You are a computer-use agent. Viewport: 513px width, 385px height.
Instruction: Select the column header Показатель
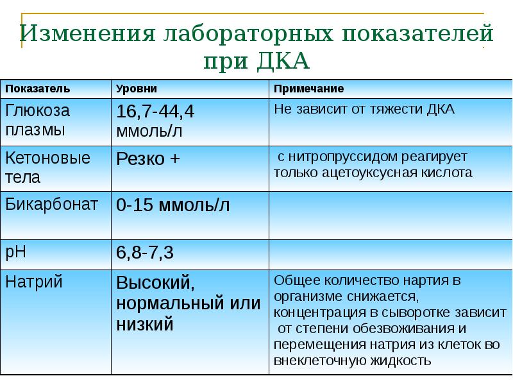(38, 88)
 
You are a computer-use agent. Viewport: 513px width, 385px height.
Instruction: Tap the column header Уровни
(136, 88)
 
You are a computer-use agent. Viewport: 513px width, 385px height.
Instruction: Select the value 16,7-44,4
(155, 112)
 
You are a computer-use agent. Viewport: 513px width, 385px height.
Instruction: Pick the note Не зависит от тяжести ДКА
(364, 109)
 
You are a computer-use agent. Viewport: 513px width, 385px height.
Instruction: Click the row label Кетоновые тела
(47, 167)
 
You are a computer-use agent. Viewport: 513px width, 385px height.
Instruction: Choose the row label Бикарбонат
(51, 205)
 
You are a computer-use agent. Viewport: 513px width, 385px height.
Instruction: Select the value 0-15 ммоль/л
(172, 206)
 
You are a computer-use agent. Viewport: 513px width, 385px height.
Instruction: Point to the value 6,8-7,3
(145, 253)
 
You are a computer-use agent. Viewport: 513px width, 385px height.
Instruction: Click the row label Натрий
(33, 282)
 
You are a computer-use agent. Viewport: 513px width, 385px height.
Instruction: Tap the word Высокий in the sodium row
(155, 282)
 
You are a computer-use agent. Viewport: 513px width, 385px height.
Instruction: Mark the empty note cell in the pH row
(390, 253)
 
